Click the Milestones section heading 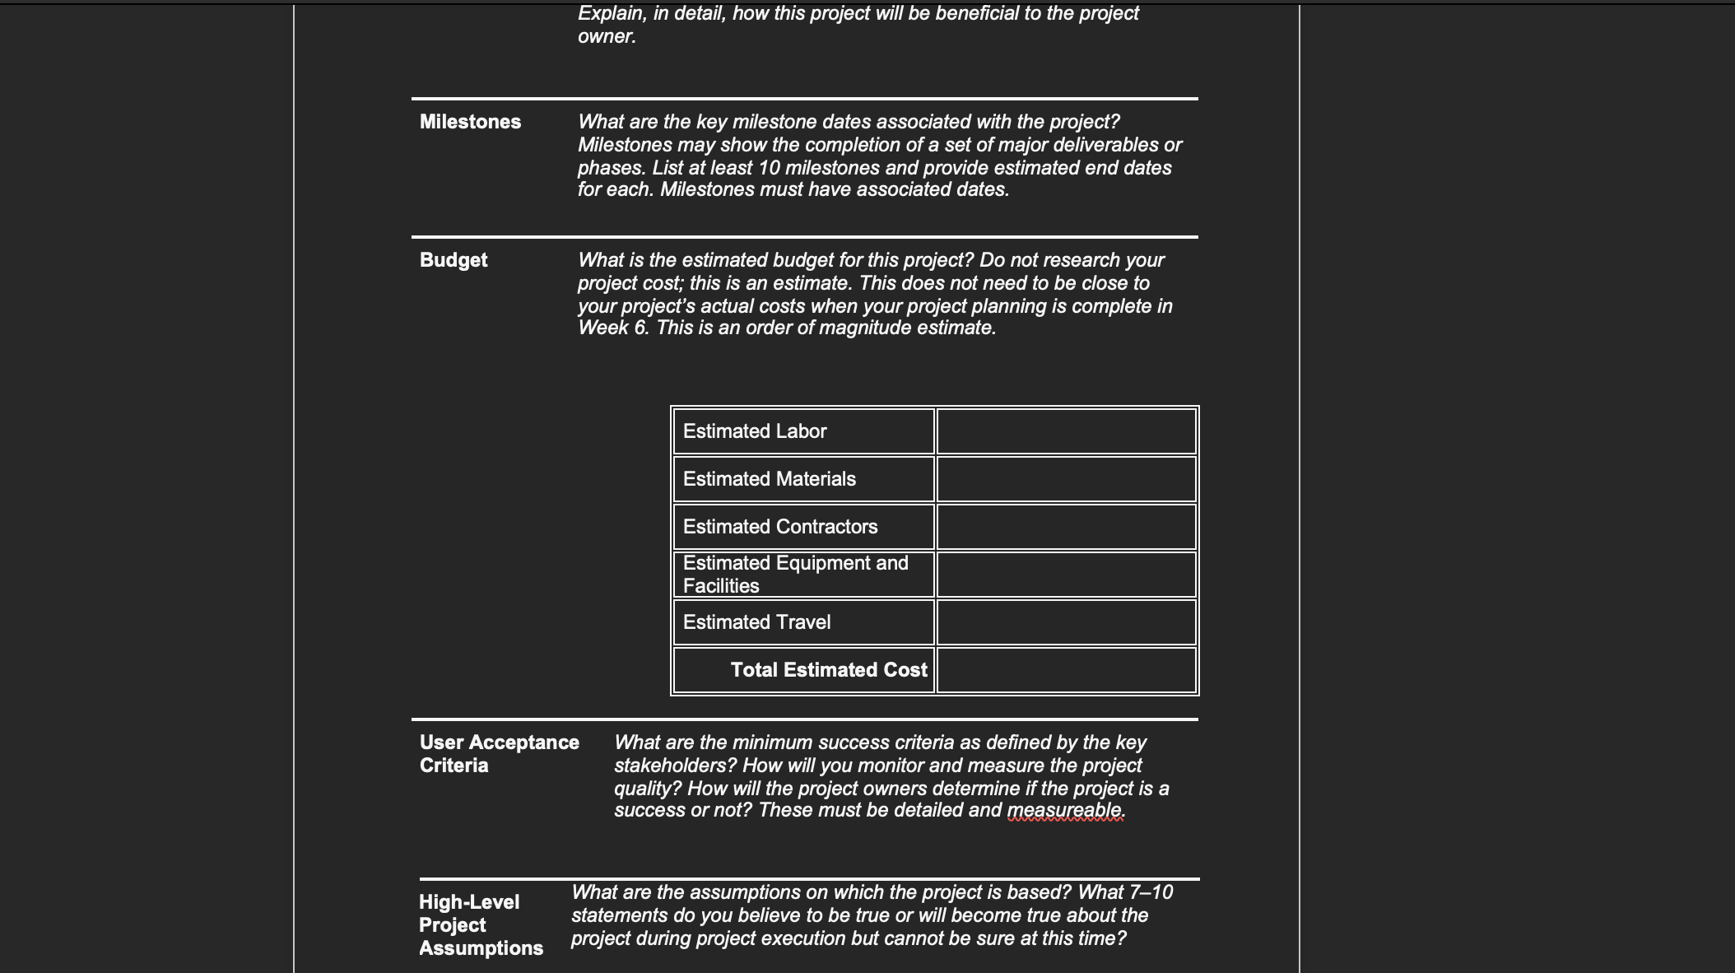tap(470, 122)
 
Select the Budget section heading tap(454, 260)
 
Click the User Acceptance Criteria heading tap(499, 753)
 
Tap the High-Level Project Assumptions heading tap(481, 924)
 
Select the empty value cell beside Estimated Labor tap(1066, 431)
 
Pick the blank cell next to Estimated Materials tap(1066, 479)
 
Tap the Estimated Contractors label tap(780, 527)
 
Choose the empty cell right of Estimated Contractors tap(1066, 527)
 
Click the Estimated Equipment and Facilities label tap(795, 575)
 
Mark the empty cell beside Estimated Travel tap(1066, 622)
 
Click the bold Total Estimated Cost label tap(828, 670)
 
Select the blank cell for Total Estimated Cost tap(1066, 670)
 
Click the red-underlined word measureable tap(1064, 811)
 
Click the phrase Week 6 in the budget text tap(612, 328)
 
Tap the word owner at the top tap(605, 37)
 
